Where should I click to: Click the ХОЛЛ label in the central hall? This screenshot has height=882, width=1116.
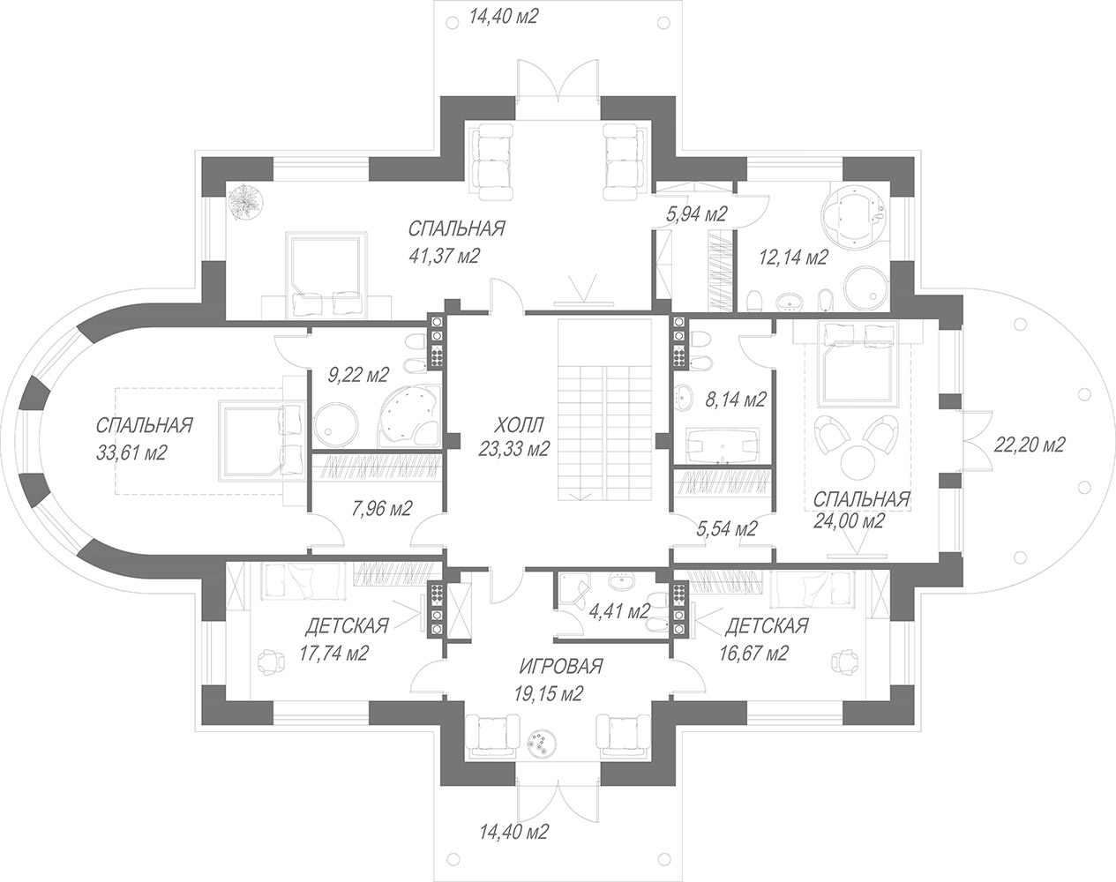(519, 425)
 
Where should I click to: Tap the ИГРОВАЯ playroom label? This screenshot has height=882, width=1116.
(562, 666)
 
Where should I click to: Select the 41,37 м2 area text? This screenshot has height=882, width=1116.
(445, 256)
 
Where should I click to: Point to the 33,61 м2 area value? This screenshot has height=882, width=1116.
(131, 452)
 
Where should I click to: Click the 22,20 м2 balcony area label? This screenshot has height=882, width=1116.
(1030, 445)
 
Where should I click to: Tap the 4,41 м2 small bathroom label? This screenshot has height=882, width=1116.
(619, 611)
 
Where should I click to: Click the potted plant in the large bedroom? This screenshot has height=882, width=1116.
(245, 201)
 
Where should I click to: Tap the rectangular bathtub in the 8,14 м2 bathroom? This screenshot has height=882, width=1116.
(723, 445)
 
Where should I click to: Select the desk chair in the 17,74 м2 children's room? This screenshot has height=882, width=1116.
(271, 661)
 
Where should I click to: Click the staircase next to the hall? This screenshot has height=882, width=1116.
(604, 410)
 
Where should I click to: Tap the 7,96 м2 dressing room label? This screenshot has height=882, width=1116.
(382, 509)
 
